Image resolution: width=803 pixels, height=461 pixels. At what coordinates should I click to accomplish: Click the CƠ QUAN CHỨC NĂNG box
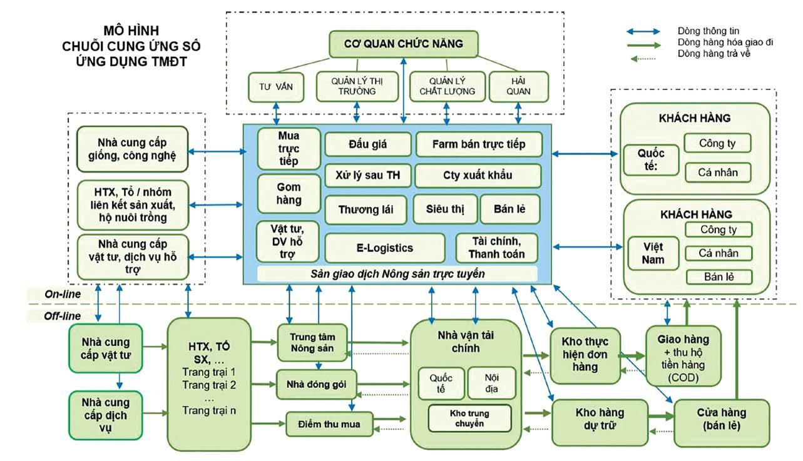(404, 44)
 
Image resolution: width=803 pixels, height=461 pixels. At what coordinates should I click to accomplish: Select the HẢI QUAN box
(518, 86)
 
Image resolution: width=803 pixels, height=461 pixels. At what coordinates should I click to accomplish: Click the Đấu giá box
(367, 144)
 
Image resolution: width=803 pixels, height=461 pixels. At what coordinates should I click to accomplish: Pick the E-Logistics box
(384, 248)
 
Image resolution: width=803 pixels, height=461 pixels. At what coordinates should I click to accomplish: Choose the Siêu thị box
(445, 209)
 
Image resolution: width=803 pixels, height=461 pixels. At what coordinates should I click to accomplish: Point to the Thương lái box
(366, 210)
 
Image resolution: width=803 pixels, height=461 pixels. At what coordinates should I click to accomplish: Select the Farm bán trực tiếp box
(478, 144)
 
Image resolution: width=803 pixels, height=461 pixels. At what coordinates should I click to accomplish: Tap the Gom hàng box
(289, 194)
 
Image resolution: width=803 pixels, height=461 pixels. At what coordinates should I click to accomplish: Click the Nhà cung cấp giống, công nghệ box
(132, 149)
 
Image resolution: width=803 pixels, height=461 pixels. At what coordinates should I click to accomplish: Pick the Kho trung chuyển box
(469, 418)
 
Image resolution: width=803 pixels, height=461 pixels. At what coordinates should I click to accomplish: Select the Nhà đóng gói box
(316, 384)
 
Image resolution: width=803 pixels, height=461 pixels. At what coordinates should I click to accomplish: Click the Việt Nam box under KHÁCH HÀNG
(653, 252)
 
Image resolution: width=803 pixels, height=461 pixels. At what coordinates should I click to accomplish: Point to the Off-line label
(62, 317)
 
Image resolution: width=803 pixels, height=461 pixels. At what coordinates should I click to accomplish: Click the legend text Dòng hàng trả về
(713, 54)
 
